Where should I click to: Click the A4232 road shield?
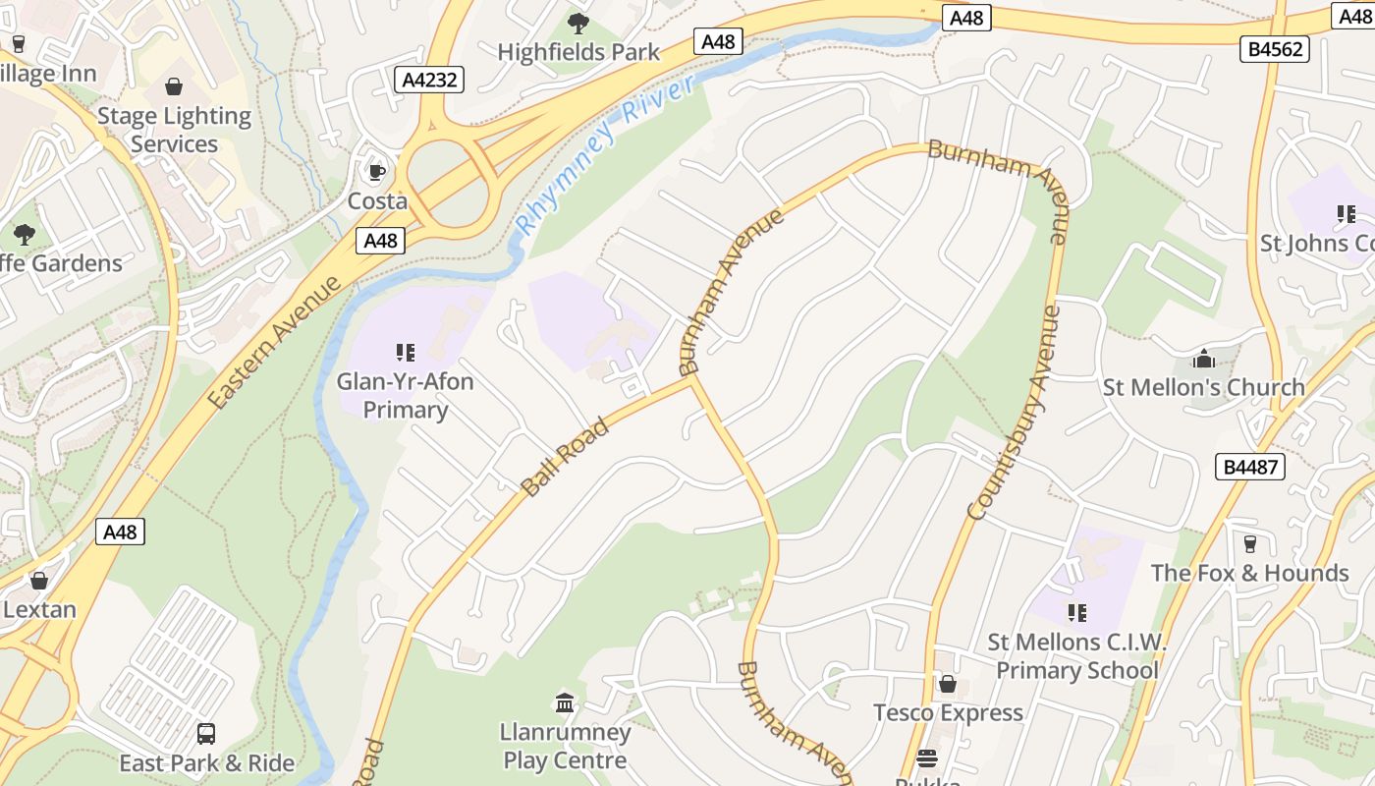(x=430, y=80)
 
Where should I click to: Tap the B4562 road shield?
(x=1277, y=48)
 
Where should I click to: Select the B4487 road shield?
(x=1251, y=467)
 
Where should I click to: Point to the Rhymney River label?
(x=606, y=155)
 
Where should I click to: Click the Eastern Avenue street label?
(x=275, y=343)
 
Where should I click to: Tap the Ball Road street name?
(x=565, y=457)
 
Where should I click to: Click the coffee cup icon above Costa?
(x=376, y=173)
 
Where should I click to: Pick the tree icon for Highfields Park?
(x=578, y=23)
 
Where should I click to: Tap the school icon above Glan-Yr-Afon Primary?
(x=405, y=352)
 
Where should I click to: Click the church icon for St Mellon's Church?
(x=1203, y=359)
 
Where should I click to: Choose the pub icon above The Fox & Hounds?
(x=1249, y=543)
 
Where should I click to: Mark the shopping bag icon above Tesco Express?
(x=948, y=683)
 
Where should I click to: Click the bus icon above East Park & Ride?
(x=206, y=734)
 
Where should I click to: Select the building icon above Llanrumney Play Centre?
(x=565, y=702)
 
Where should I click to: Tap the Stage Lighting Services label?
(x=174, y=130)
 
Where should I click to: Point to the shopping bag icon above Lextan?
(x=39, y=581)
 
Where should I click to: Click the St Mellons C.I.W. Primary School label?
(x=1076, y=656)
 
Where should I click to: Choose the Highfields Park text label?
(x=578, y=52)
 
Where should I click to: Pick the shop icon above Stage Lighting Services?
(x=174, y=87)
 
